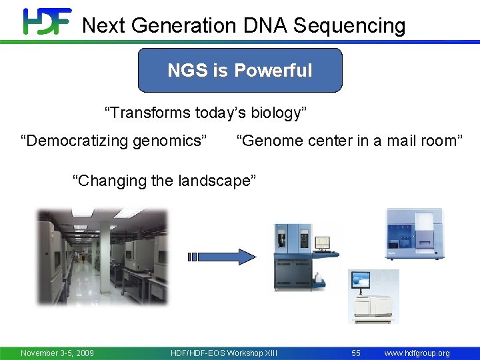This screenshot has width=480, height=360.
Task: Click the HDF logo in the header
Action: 47,21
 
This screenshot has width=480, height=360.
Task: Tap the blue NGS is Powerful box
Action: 240,70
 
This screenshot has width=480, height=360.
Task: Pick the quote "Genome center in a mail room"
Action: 349,140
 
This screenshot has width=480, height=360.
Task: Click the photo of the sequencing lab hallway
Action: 103,257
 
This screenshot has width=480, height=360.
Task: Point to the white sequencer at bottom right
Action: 373,297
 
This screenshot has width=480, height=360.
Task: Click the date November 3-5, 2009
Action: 57,353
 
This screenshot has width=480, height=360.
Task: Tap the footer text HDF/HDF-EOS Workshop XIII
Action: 224,353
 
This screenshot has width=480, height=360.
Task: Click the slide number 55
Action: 355,353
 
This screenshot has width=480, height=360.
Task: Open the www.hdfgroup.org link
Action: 417,353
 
